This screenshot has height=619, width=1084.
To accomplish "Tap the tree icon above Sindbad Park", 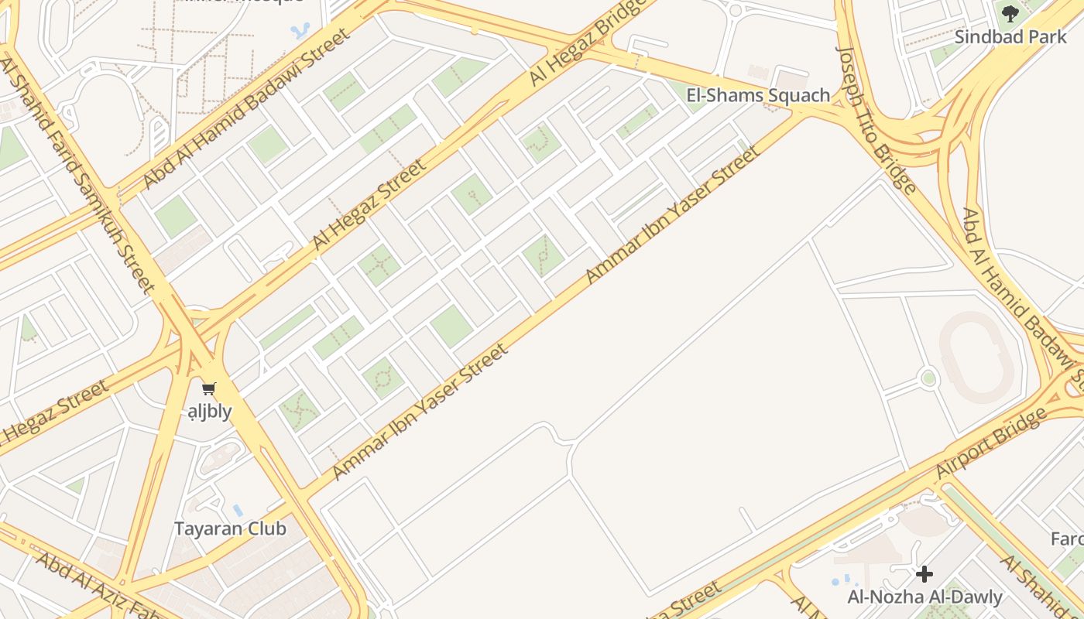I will (x=1010, y=13).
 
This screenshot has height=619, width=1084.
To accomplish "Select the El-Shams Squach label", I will (x=759, y=95).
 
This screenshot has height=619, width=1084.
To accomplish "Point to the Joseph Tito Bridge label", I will (x=876, y=119).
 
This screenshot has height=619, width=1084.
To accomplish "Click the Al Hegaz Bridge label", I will (x=587, y=43).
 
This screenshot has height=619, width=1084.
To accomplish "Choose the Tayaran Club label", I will (x=230, y=528).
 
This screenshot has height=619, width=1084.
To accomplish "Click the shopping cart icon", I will (x=208, y=389).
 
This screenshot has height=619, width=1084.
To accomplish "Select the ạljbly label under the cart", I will (x=210, y=411).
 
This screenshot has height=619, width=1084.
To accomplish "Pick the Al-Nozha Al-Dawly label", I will (x=924, y=597).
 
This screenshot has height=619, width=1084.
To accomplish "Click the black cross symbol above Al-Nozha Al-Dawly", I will (x=924, y=574).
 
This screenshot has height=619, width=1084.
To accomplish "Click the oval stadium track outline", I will (x=976, y=357).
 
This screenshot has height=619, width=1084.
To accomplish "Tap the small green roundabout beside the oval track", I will (x=928, y=378).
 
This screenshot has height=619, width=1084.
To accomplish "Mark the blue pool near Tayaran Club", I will (x=238, y=511).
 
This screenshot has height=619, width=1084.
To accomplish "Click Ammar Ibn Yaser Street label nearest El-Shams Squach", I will (x=672, y=214).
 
